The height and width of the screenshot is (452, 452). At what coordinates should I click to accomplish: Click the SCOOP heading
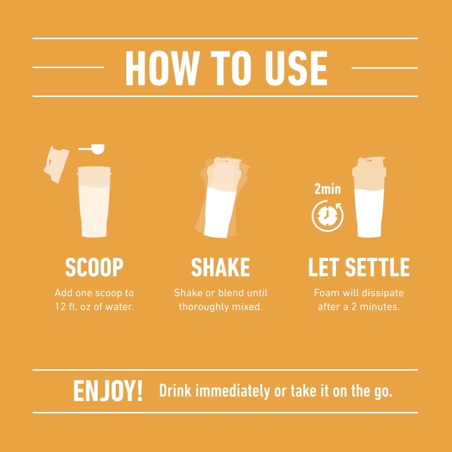[94, 267]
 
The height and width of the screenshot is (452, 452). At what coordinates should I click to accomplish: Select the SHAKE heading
[221, 267]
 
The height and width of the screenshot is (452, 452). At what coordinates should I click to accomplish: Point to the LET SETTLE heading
[359, 267]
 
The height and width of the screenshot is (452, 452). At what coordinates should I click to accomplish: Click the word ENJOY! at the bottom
[108, 391]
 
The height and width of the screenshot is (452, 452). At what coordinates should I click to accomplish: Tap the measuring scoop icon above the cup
[93, 149]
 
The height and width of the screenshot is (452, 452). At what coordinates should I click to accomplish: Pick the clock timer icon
[327, 216]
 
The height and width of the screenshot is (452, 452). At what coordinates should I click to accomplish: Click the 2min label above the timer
[328, 189]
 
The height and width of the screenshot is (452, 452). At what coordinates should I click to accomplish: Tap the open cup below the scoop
[94, 202]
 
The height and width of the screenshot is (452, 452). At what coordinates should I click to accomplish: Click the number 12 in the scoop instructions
[60, 307]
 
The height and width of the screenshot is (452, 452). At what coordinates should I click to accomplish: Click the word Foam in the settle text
[327, 293]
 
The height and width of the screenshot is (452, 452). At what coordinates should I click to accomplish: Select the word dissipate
[383, 293]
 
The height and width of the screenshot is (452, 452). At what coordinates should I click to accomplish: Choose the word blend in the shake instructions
[231, 293]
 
